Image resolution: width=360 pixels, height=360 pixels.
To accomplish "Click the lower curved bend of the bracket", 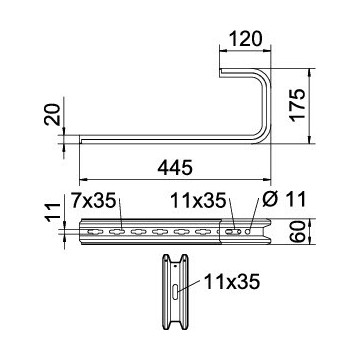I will pos(262,136).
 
